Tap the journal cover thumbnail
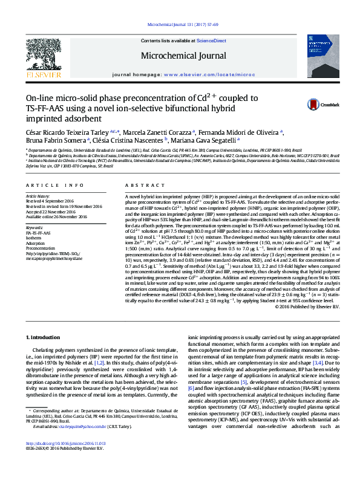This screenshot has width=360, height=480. coord(323,54)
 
